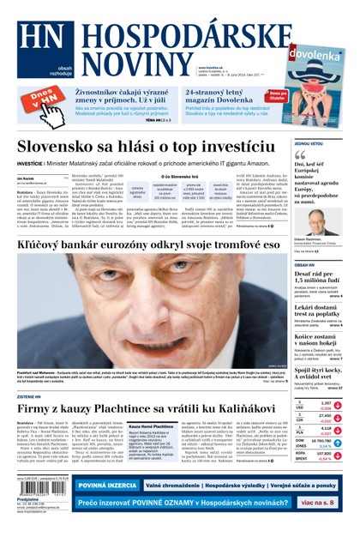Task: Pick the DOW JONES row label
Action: (301, 445)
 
